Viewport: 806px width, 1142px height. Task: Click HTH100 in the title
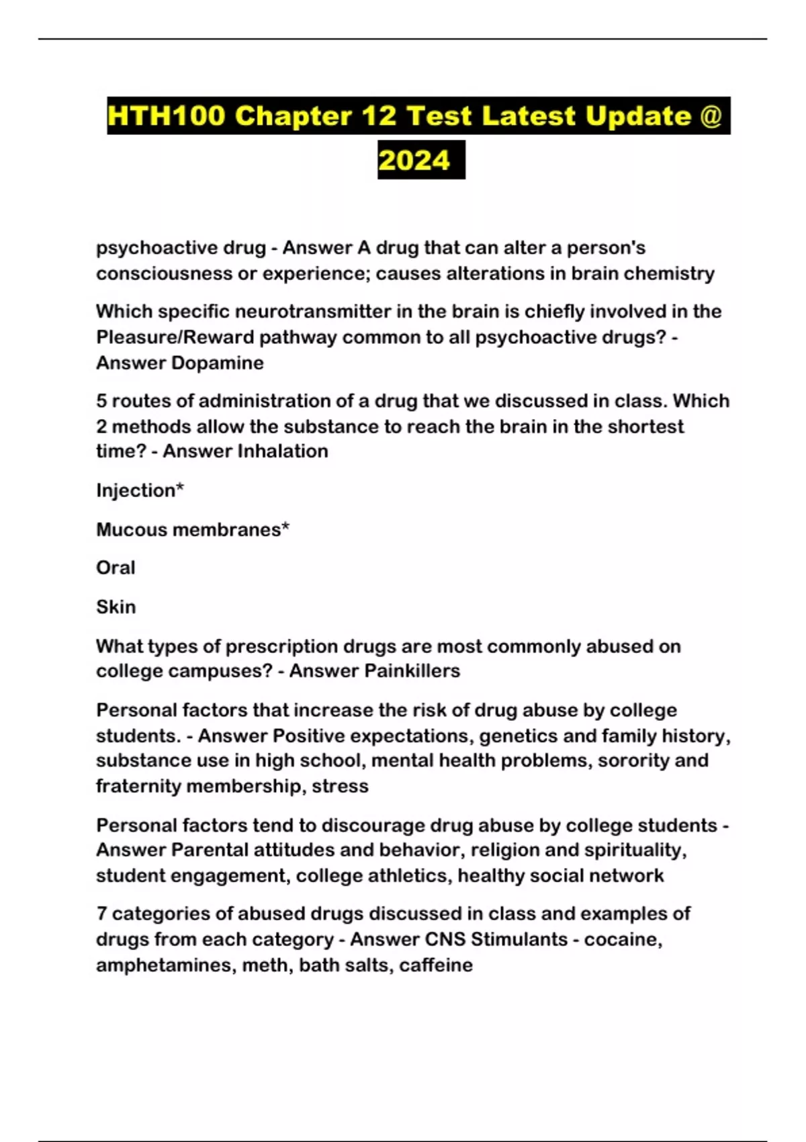166,116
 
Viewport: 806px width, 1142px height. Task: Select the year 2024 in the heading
414,161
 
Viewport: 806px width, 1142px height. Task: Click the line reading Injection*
140,490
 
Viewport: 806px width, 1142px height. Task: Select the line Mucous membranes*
193,529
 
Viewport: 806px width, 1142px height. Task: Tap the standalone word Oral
116,568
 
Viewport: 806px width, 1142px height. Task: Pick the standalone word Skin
116,607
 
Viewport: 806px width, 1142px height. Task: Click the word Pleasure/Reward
175,337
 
